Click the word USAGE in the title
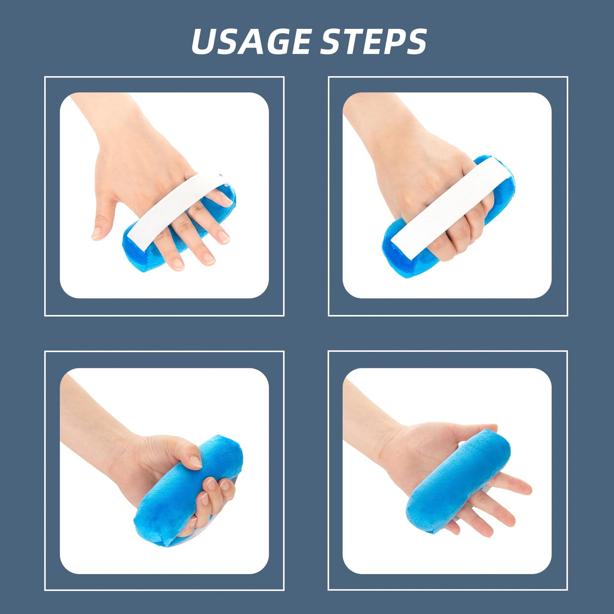(x=251, y=42)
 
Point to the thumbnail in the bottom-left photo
(x=195, y=461)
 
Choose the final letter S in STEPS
(x=415, y=42)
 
